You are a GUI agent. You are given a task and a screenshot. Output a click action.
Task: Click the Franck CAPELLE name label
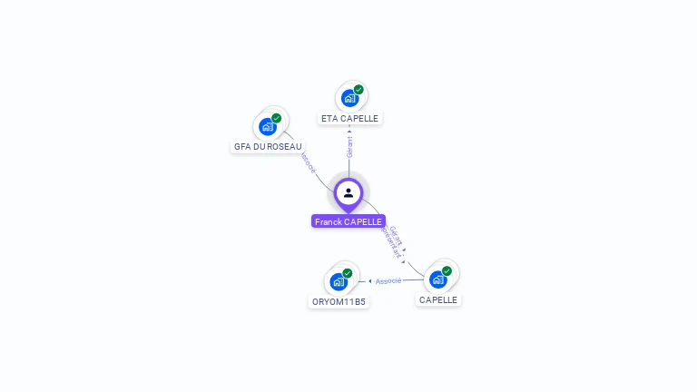[x=348, y=221]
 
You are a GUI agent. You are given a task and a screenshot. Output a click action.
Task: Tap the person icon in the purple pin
[x=348, y=192]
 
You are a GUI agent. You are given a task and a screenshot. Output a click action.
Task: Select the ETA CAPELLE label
[x=349, y=118]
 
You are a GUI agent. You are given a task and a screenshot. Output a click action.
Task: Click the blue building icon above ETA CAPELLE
[x=349, y=98]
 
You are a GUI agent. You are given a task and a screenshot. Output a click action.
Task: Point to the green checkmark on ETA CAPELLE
[x=358, y=90]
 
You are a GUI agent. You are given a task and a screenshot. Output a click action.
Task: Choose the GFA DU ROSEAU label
[x=268, y=146]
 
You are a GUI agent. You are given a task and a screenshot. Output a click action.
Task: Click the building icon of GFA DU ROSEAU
[x=267, y=126]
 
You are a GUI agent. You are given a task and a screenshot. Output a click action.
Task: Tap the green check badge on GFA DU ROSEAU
[x=276, y=118]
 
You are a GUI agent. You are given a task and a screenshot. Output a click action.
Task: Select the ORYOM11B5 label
[x=339, y=301]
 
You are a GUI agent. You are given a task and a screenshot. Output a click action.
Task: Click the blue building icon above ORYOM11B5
[x=339, y=281]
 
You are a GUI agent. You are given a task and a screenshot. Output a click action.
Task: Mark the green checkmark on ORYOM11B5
[x=348, y=273]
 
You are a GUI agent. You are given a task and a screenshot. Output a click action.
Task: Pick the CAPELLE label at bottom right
[x=438, y=299]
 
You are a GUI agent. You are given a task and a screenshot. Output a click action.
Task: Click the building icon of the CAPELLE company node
[x=437, y=279]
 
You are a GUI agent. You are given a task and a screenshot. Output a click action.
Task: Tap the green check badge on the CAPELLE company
[x=447, y=271]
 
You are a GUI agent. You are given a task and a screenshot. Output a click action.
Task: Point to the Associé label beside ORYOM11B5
[x=388, y=281]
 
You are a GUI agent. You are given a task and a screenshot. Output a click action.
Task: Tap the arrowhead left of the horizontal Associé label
[x=370, y=281]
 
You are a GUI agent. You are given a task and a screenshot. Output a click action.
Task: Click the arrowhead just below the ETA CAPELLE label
[x=349, y=128]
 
